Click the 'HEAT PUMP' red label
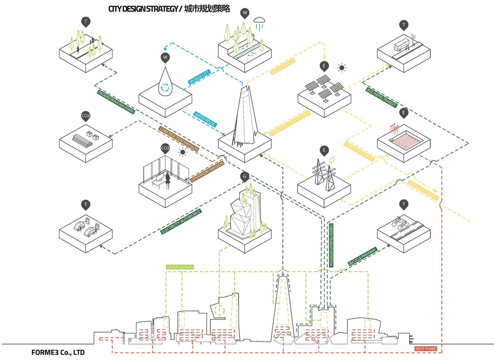tap(426, 349)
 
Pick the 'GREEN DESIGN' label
tap(179, 267)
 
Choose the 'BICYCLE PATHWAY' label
tap(362, 257)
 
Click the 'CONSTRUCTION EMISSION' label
tap(179, 139)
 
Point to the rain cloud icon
tap(259, 21)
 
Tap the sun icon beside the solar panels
tap(341, 67)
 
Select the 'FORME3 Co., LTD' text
tap(58, 353)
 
